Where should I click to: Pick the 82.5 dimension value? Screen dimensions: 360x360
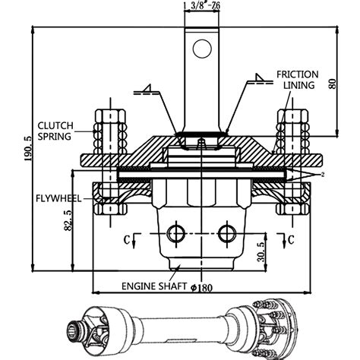[67, 223]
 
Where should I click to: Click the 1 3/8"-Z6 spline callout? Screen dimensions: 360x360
[202, 5]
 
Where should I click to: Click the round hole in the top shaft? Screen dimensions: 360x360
[201, 49]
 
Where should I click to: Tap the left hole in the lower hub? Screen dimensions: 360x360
[175, 231]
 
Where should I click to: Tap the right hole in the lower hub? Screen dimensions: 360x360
[226, 231]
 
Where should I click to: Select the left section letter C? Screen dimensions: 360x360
[128, 240]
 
